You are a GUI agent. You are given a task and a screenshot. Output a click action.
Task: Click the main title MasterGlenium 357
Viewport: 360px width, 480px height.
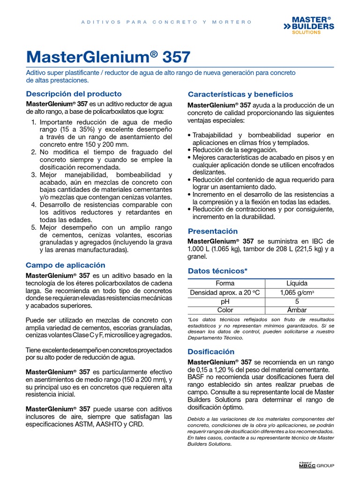tap(108, 57)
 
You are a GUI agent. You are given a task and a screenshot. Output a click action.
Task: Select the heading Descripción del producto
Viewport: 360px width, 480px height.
tap(74, 93)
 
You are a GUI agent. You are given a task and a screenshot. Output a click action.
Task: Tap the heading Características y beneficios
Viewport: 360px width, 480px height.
tap(240, 94)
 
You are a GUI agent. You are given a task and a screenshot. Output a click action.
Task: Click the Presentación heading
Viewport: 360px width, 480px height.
tap(212, 231)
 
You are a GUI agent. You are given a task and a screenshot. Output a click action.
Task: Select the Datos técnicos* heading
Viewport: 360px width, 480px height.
tap(217, 271)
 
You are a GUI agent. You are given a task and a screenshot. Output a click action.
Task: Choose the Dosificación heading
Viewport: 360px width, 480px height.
tap(211, 352)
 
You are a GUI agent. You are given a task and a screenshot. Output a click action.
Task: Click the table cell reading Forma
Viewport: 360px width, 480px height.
tap(225, 284)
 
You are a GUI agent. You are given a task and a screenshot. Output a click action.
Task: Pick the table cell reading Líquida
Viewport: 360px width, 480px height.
tap(297, 284)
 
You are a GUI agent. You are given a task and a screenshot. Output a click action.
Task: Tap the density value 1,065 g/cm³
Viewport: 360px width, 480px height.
tap(297, 292)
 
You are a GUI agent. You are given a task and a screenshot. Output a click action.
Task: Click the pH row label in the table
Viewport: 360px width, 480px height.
tap(225, 301)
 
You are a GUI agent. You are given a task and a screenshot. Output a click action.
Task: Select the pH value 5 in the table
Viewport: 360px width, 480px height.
tap(297, 301)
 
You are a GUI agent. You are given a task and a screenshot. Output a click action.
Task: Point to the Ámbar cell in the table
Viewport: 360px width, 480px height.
tap(297, 310)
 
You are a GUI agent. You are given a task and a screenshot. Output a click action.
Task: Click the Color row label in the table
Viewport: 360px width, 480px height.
tap(225, 310)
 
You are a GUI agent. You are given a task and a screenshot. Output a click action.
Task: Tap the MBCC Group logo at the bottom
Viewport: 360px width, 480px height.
tap(316, 465)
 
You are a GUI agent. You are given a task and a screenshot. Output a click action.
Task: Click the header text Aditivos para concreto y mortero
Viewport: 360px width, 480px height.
tap(166, 22)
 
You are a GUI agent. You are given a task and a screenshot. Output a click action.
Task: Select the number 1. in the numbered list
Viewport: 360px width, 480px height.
tap(33, 122)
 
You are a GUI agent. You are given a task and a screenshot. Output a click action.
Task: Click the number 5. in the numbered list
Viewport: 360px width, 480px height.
tap(33, 227)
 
